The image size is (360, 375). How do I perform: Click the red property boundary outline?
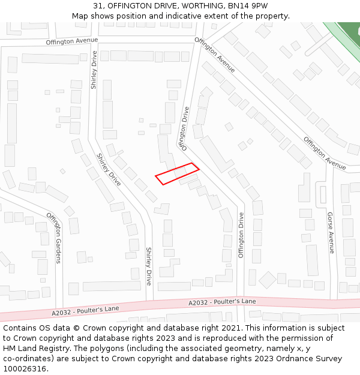click(177, 173)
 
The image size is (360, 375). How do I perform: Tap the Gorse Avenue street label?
click(331, 232)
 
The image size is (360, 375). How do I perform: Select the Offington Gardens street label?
click(54, 238)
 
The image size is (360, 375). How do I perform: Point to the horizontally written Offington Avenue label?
click(71, 41)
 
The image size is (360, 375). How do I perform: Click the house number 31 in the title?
click(98, 5)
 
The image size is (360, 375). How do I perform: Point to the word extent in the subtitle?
click(235, 16)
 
